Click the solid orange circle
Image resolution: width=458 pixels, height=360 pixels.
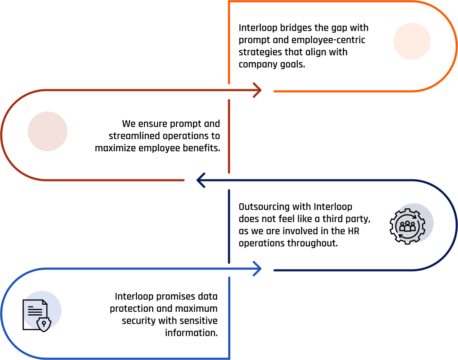[x=412, y=41]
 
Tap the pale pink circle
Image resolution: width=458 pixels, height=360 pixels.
[x=47, y=131]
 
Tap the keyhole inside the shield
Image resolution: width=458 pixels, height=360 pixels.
[x=44, y=324]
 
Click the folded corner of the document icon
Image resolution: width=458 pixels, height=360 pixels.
[x=44, y=303]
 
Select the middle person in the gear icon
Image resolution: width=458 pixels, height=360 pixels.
[x=407, y=226]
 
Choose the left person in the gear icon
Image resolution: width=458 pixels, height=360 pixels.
[x=402, y=228]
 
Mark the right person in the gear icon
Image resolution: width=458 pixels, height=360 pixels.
[x=413, y=228]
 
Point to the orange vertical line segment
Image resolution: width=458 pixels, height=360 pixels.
[x=229, y=42]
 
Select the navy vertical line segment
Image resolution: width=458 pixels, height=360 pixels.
[x=229, y=226]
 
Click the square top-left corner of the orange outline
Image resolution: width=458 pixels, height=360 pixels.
[x=229, y=2]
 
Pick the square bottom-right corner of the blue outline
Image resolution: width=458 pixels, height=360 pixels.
[x=229, y=358]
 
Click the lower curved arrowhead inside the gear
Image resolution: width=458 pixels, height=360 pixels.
[x=400, y=236]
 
